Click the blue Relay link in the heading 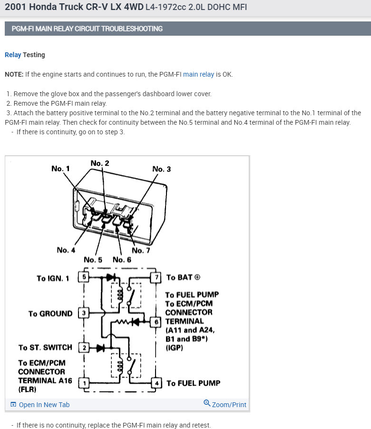coord(13,55)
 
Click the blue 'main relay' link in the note coord(198,74)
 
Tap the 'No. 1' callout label coord(60,169)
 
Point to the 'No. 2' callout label coord(99,163)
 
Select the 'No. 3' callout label coord(161,169)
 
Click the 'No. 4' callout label coord(66,250)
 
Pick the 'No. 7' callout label coord(141,250)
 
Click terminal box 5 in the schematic coord(84,277)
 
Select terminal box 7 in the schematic coord(156,277)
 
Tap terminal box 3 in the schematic coord(84,313)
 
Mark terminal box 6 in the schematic coord(156,321)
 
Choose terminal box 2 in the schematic coord(84,348)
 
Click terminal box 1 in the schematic coord(84,383)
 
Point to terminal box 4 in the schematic coord(156,383)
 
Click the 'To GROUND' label coord(50,314)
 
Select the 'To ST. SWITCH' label coord(45,348)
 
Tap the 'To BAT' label coord(183,277)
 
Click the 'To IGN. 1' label coord(53,278)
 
